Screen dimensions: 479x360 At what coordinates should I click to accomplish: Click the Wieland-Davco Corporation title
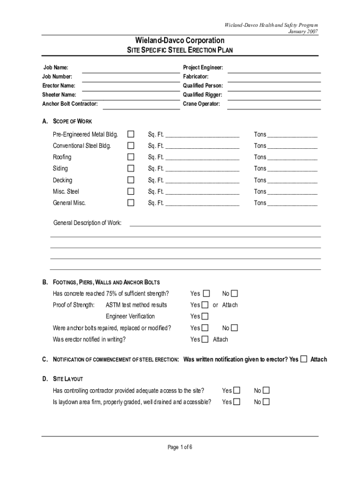[180, 41]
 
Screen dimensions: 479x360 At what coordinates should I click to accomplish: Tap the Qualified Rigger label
[202, 95]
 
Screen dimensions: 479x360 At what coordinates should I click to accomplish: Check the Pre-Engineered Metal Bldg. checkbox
[131, 134]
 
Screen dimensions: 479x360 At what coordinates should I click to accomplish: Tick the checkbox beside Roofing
[131, 157]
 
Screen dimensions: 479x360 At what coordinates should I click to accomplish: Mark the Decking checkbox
[131, 180]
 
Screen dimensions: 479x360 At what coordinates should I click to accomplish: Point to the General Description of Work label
[87, 223]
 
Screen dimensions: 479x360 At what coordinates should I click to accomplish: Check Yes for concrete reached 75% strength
[206, 294]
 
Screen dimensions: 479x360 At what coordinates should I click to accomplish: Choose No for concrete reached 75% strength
[234, 294]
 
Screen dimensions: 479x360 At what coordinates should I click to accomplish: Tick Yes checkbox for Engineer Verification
[205, 317]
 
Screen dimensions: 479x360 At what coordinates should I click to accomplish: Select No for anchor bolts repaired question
[234, 328]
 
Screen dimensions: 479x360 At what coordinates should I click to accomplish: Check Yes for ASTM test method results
[205, 305]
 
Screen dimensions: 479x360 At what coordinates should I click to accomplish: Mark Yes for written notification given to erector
[304, 359]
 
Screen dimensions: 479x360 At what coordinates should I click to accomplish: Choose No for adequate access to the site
[266, 391]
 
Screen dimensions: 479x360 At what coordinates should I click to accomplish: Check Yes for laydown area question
[237, 402]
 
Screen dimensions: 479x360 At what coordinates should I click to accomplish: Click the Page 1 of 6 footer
[180, 447]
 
